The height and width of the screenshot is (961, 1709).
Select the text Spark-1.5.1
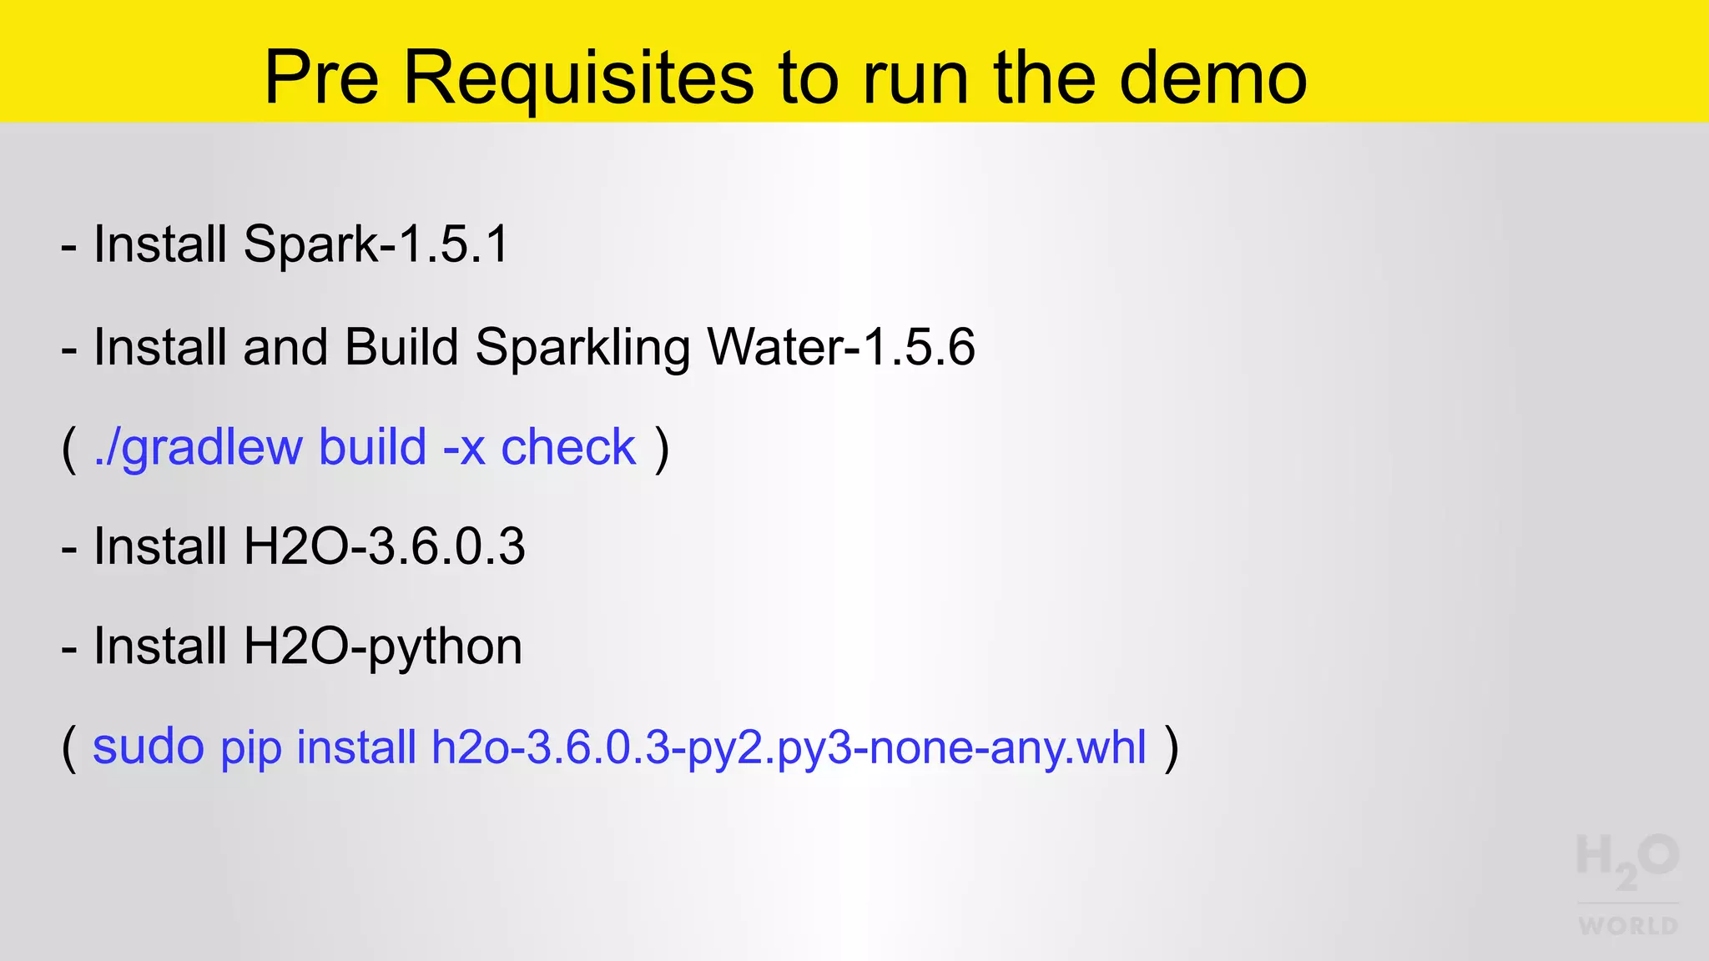pyautogui.click(x=376, y=244)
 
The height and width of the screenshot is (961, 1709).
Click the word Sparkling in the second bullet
pyautogui.click(x=582, y=347)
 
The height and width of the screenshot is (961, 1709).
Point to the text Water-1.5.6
pyautogui.click(x=840, y=347)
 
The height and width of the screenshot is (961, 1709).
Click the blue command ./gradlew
pyautogui.click(x=198, y=447)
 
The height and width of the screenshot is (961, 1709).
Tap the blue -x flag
pyautogui.click(x=464, y=447)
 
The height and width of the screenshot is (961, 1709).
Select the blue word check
pyautogui.click(x=568, y=447)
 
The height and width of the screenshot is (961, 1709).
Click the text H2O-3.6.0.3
pyautogui.click(x=384, y=546)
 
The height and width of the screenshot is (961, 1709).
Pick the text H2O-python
pyautogui.click(x=382, y=647)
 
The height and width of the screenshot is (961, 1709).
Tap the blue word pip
pyautogui.click(x=250, y=747)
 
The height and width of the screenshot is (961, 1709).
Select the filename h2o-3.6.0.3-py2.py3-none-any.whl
pyautogui.click(x=789, y=747)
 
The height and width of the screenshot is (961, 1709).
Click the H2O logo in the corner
pyautogui.click(x=1627, y=860)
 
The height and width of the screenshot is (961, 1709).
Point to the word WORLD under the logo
pyautogui.click(x=1628, y=926)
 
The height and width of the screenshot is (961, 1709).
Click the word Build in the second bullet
pyautogui.click(x=401, y=347)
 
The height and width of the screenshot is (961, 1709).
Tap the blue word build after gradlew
pyautogui.click(x=372, y=447)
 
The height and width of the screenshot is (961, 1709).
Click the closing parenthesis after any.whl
pyautogui.click(x=1172, y=747)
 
